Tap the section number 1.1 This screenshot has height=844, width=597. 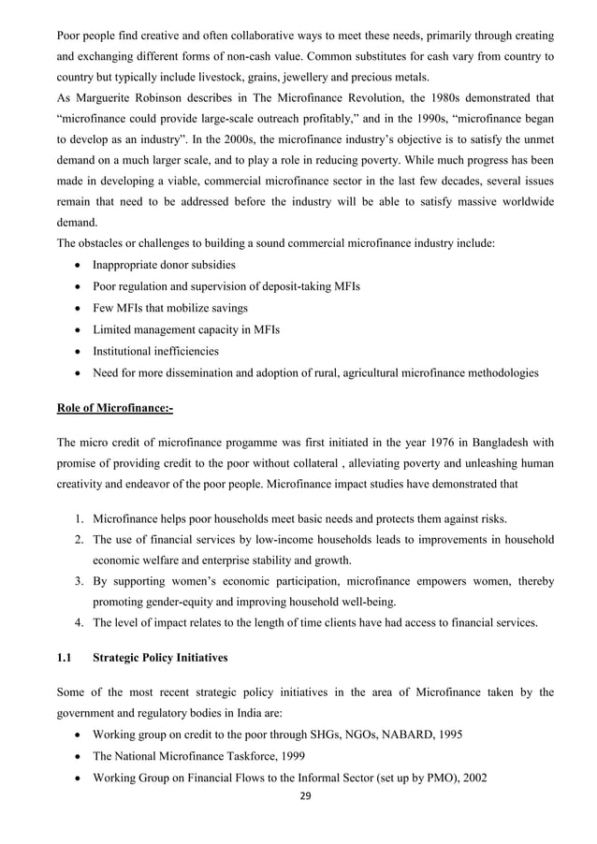[65, 657]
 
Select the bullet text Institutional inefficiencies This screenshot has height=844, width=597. [155, 351]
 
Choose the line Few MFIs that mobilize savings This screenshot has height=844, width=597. [169, 308]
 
